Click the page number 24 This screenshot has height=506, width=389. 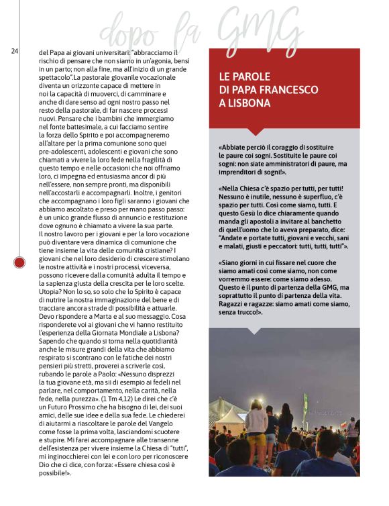point(14,51)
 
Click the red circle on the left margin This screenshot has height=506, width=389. point(19,260)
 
